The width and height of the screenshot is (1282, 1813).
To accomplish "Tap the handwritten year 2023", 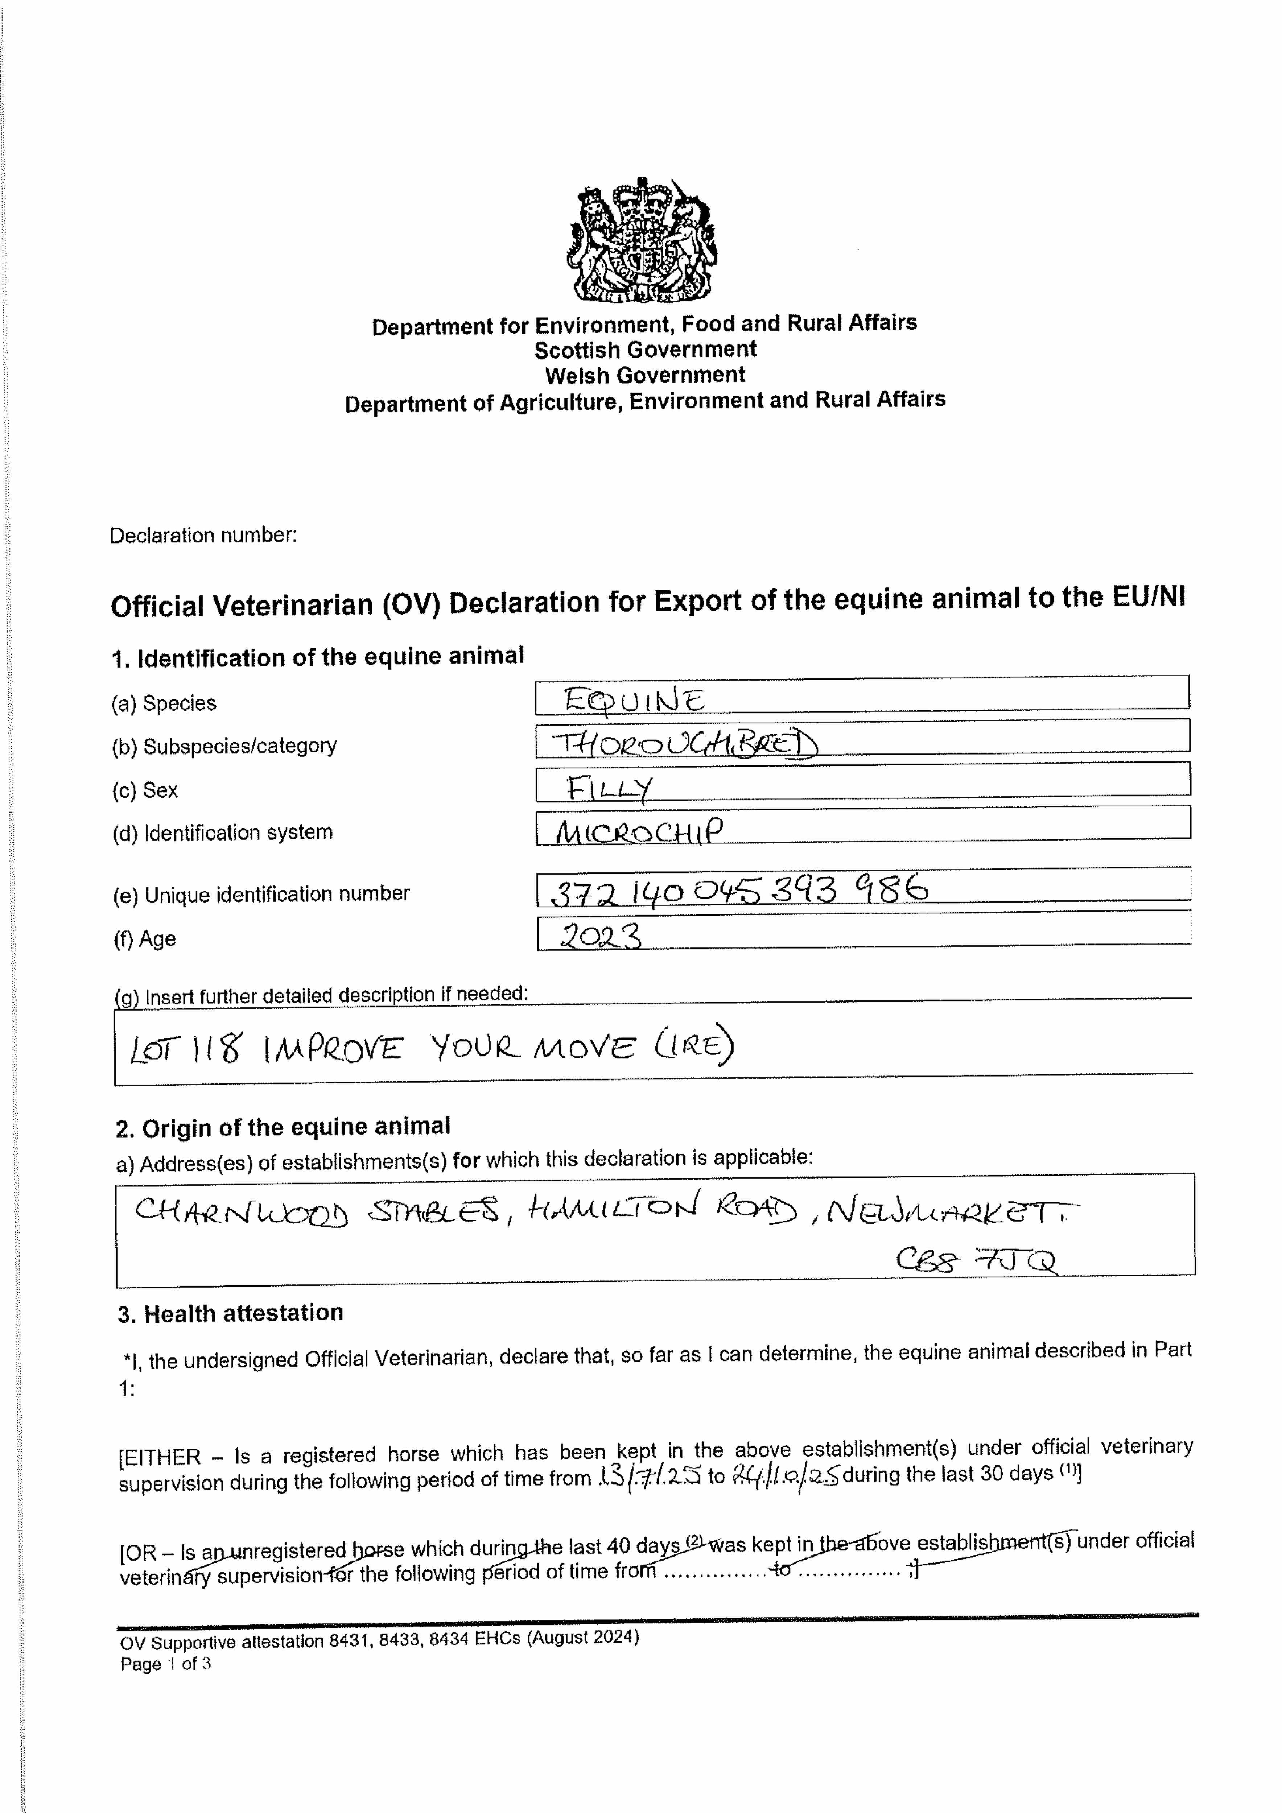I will click(x=600, y=937).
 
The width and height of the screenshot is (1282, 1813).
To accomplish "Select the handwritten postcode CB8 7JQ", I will click(x=976, y=1261).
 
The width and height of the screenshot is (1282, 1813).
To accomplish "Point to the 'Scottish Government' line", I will click(x=644, y=350).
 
